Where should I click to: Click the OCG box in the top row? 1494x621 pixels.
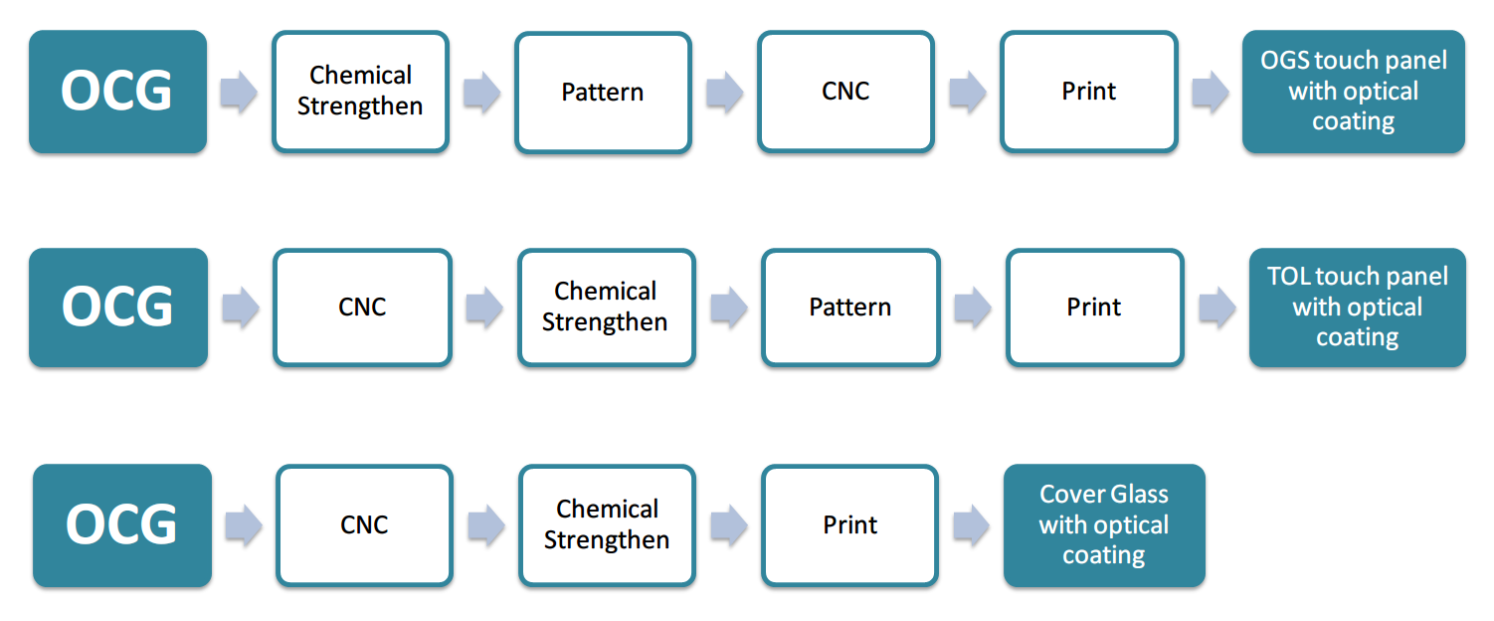coord(118,92)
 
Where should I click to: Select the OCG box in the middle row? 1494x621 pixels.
coord(118,308)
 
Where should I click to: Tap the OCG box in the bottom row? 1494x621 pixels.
coord(122,525)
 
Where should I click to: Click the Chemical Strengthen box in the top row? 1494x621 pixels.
coord(361,92)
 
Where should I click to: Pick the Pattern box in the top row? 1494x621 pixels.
coord(604,92)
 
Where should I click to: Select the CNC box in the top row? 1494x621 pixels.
coord(845,92)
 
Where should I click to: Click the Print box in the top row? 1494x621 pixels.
coord(1089,92)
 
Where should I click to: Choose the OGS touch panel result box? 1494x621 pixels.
coord(1354,92)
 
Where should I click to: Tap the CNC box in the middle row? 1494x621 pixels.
coord(363,308)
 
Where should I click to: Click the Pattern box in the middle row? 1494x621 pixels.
coord(851,308)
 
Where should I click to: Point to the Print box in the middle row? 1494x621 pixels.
coord(1095,308)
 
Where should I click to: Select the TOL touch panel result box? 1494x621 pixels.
coord(1358,308)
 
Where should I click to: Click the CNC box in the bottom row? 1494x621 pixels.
coord(365,525)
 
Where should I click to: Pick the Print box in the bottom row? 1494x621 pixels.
coord(850,525)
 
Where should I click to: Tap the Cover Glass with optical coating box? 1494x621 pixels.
coord(1104,525)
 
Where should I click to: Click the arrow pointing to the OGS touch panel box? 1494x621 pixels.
coord(1211,92)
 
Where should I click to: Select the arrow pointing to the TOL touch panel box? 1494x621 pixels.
coord(1217,308)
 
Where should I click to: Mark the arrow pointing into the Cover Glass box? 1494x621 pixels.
coord(972,525)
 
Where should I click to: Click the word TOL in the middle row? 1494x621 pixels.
coord(1288,276)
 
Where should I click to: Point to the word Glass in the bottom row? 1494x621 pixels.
coord(1139,495)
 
